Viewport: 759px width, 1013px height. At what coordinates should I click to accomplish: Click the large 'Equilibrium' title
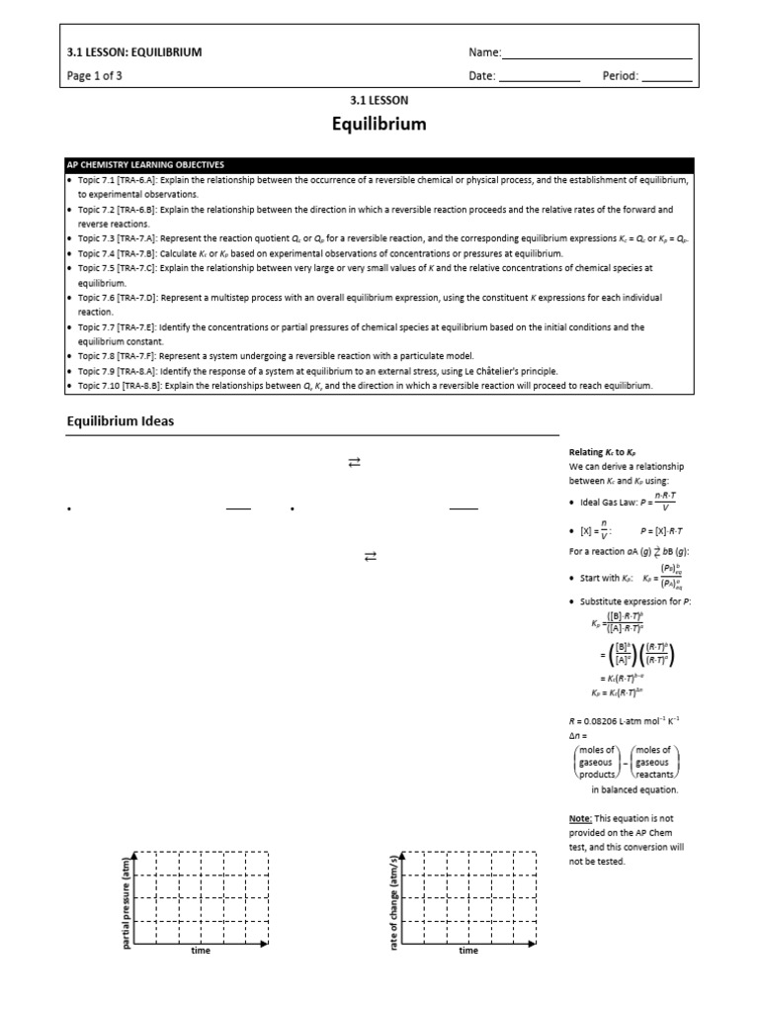click(379, 125)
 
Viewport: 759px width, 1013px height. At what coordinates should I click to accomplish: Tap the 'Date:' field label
click(482, 76)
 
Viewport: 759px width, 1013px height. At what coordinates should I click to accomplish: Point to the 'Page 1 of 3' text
click(94, 76)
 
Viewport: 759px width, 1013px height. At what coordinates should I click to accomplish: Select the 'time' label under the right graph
click(468, 951)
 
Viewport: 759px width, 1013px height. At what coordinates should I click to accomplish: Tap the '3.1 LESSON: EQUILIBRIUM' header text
click(133, 52)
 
